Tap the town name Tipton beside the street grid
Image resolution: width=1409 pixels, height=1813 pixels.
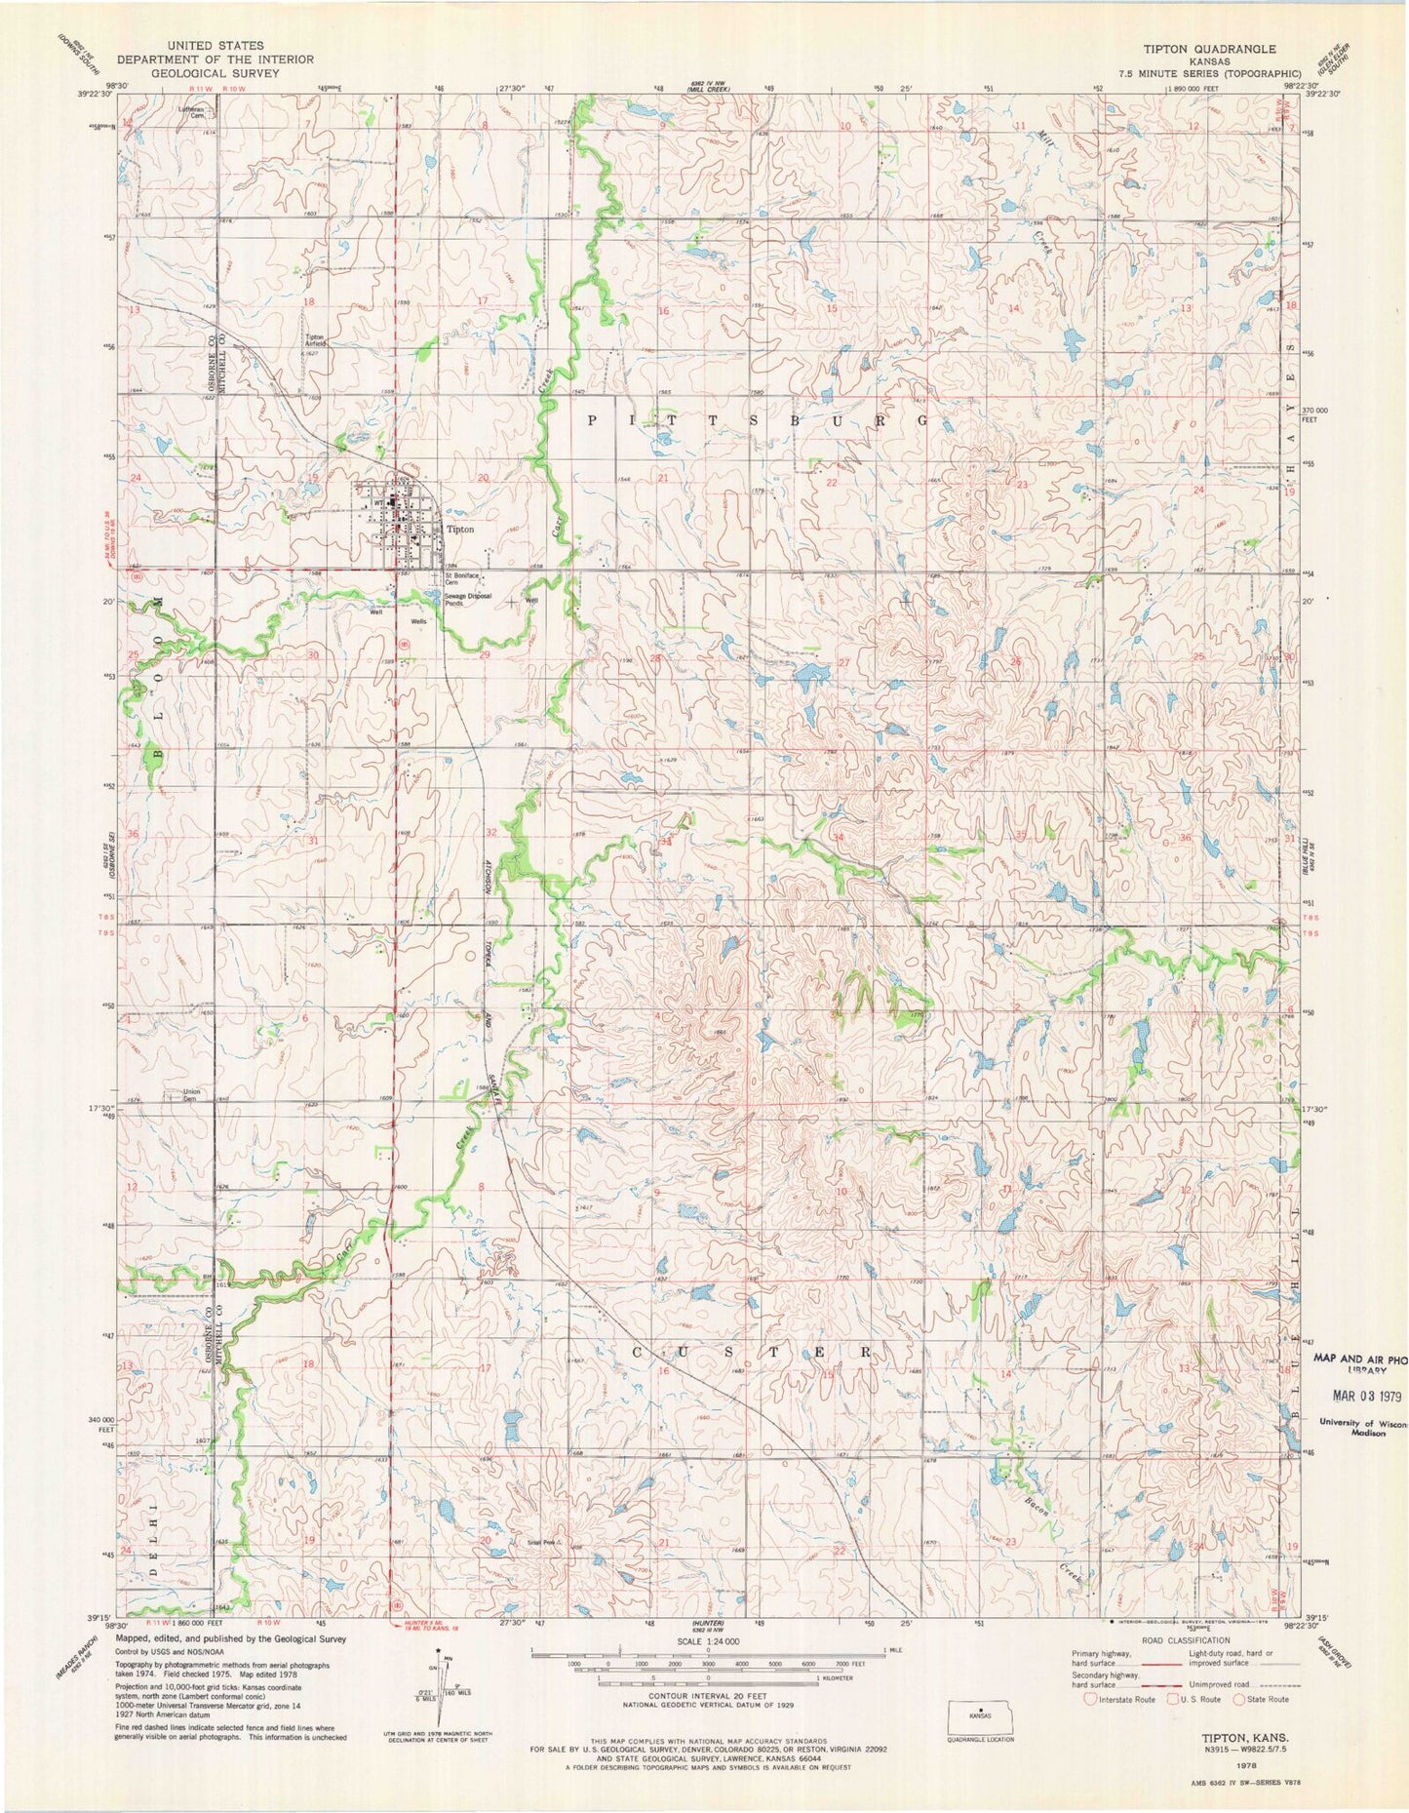(460, 529)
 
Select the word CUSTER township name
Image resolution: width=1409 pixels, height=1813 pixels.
(752, 1353)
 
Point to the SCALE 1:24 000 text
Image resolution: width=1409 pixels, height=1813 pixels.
(707, 1641)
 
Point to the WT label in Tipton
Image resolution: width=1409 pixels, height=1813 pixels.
(376, 502)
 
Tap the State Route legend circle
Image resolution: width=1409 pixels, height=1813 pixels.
(1241, 1699)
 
